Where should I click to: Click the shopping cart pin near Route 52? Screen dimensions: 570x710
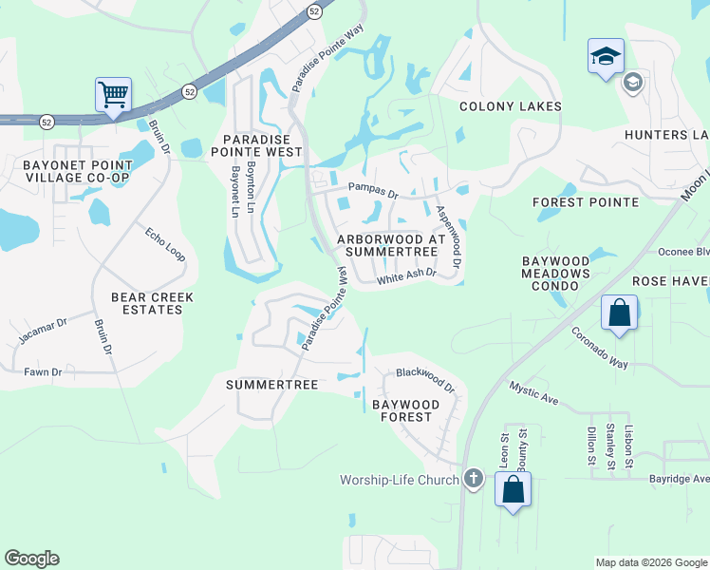113,94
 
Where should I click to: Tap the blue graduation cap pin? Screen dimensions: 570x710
605,55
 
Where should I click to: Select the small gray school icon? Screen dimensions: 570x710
632,84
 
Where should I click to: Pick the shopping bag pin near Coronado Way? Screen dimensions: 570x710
619,313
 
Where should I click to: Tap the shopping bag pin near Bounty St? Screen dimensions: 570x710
513,490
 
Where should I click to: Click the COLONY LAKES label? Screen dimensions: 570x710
511,106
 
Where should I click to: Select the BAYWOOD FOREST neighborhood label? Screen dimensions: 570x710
405,410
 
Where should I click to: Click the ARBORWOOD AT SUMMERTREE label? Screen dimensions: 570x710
386,245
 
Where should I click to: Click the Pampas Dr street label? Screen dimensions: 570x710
373,191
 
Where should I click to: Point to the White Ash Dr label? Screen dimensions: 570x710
405,276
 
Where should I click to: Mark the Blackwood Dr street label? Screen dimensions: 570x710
425,379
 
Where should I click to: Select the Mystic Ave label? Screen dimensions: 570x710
533,394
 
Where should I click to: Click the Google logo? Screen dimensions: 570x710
31,559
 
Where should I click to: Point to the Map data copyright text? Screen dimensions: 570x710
650,562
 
